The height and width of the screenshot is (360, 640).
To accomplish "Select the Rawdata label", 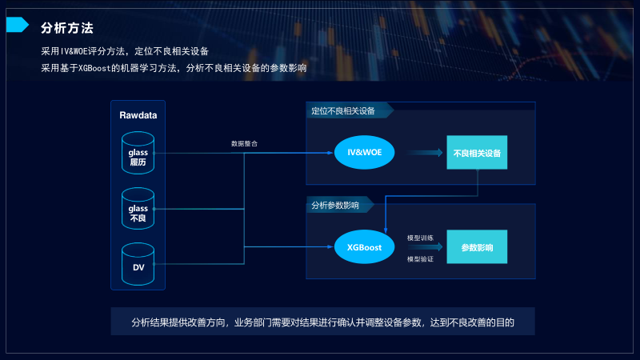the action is point(138,115).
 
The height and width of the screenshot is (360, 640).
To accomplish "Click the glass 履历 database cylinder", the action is point(138,151).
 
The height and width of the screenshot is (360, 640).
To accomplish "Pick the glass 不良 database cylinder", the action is point(138,209).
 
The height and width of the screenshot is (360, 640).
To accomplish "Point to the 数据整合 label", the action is point(244,144).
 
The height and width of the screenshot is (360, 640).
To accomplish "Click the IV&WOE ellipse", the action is point(365,152).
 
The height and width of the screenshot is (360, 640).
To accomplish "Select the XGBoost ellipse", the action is point(365,247).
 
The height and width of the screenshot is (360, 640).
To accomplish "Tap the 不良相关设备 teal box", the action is point(477,152).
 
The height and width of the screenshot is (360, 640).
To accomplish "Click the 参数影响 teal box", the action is point(477,247).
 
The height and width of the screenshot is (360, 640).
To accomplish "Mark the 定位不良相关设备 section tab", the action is point(344,110).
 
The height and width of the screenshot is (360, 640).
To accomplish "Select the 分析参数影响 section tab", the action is point(336,206).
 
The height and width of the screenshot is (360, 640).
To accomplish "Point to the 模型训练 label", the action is point(420,238).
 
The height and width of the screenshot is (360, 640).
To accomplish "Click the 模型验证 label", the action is point(420,259).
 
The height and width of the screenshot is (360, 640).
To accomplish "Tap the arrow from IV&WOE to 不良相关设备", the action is point(423,152).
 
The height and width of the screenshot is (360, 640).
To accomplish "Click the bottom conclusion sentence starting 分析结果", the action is point(322,323).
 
